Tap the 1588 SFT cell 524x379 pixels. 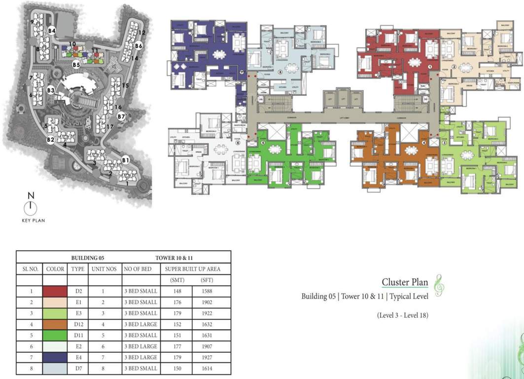[207, 291]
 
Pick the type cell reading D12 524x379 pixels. [78, 324]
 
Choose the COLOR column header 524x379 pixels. [55, 269]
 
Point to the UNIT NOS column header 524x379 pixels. [104, 269]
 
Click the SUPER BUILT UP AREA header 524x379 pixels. [196, 269]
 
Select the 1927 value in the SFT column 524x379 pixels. [207, 357]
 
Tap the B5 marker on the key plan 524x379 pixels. [76, 65]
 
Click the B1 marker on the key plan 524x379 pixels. [125, 160]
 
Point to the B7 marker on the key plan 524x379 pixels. [122, 116]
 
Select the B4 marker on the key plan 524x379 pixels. [52, 31]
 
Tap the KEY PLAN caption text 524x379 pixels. [33, 221]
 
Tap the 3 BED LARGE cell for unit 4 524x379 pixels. [141, 324]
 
